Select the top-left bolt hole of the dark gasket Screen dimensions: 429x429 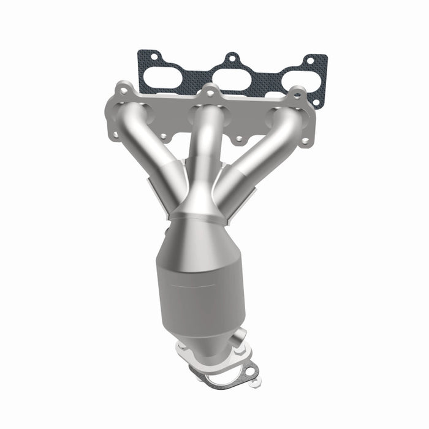point(152,58)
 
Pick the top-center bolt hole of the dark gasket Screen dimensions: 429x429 point(231,59)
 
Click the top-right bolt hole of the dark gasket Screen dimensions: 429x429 point(309,61)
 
